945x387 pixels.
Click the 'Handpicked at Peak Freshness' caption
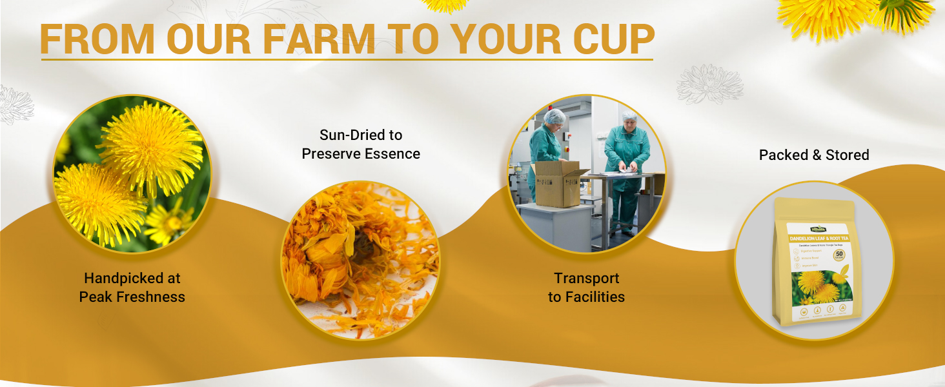(132, 288)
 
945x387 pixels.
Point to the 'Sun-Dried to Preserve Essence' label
(361, 144)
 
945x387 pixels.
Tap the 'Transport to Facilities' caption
(586, 288)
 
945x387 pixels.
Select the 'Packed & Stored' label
(813, 155)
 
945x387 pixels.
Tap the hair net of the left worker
(554, 117)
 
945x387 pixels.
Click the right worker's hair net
(629, 117)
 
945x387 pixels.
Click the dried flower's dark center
(361, 248)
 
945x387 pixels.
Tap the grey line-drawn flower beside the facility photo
(710, 84)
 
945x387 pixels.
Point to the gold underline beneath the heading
(347, 60)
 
